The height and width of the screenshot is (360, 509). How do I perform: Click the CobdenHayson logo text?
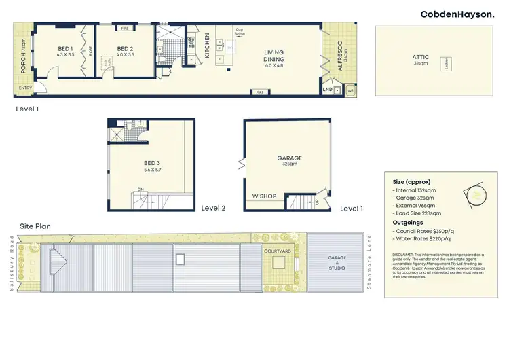pyautogui.click(x=457, y=14)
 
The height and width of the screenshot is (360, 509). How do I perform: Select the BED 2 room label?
pyautogui.click(x=124, y=52)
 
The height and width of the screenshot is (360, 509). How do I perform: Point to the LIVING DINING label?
pyautogui.click(x=274, y=56)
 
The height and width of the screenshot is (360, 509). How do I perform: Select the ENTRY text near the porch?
pyautogui.click(x=25, y=88)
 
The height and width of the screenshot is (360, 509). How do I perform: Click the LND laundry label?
pyautogui.click(x=328, y=88)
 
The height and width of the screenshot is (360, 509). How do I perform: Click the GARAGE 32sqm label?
pyautogui.click(x=290, y=160)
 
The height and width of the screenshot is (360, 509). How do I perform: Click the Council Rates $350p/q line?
pyautogui.click(x=424, y=231)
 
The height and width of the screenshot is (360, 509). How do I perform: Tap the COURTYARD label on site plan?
pyautogui.click(x=278, y=251)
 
